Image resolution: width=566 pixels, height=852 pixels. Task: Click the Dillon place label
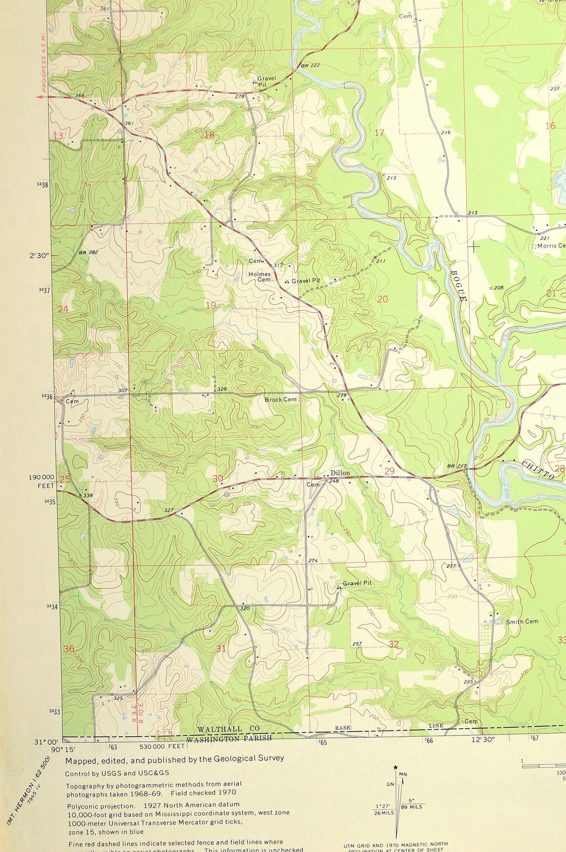pyautogui.click(x=340, y=473)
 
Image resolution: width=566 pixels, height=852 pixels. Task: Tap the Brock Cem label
pyautogui.click(x=280, y=399)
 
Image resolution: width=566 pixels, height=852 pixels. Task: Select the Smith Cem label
pyautogui.click(x=521, y=621)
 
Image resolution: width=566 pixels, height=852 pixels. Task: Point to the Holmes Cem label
pyautogui.click(x=260, y=277)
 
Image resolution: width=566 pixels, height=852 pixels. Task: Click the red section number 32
pyautogui.click(x=394, y=644)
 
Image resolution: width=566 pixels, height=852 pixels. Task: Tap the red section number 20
pyautogui.click(x=382, y=299)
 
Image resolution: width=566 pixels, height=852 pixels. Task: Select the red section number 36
pyautogui.click(x=69, y=649)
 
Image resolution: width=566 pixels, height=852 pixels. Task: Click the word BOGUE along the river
pyautogui.click(x=459, y=286)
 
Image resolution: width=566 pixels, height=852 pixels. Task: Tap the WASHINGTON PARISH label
pyautogui.click(x=229, y=738)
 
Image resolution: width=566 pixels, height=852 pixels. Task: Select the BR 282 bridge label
pyautogui.click(x=88, y=253)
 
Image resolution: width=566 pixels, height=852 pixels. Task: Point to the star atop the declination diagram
pyautogui.click(x=395, y=767)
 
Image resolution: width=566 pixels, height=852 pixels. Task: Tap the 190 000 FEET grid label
pyautogui.click(x=41, y=481)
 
